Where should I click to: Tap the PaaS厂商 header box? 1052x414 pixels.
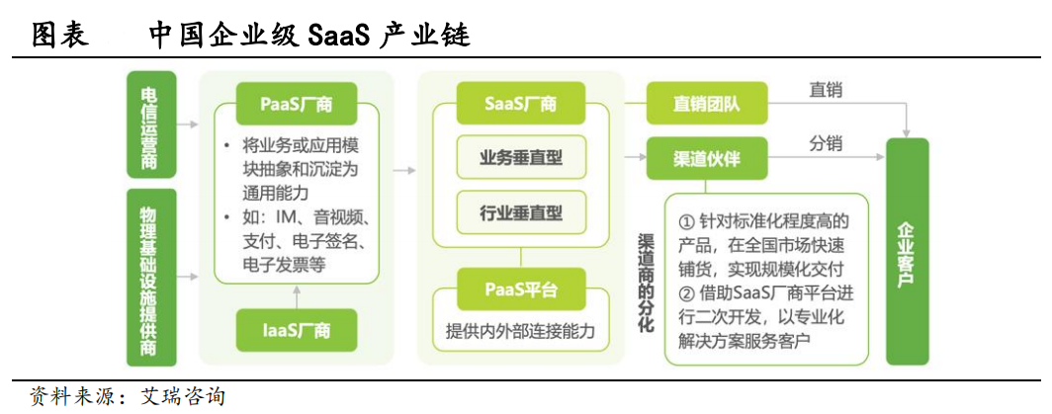[x=296, y=104]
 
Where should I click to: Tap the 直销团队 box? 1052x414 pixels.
[x=708, y=104]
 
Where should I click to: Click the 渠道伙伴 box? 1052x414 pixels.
[x=708, y=158]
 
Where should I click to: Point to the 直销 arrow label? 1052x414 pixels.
[x=826, y=90]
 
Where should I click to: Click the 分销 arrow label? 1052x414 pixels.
[x=826, y=144]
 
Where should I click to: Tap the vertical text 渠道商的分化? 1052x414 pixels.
[x=647, y=282]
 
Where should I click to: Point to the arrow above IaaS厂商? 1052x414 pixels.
[x=296, y=295]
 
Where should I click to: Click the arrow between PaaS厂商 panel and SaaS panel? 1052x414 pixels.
[x=403, y=171]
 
